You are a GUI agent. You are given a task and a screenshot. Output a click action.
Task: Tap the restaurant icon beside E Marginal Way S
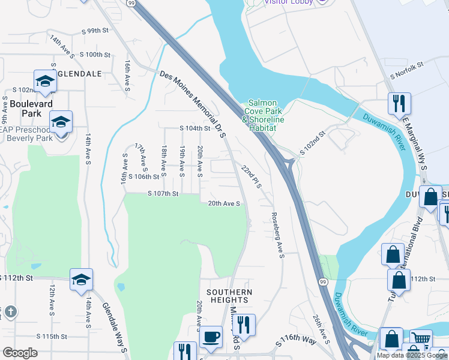(x=399, y=104)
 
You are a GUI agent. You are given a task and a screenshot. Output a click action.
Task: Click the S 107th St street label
(x=163, y=194)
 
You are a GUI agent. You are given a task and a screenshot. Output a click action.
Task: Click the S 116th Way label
(x=296, y=341)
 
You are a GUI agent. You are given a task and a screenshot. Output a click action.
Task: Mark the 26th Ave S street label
(x=321, y=329)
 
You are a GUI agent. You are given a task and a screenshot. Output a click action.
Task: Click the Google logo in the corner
(x=20, y=353)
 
